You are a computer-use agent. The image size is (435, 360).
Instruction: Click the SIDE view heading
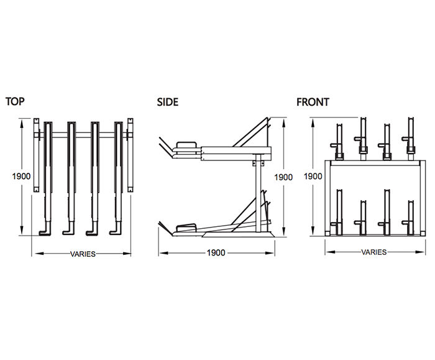pyautogui.click(x=167, y=102)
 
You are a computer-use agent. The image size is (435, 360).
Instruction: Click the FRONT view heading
pyautogui.click(x=313, y=102)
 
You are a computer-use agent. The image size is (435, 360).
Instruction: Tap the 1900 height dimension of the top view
pyautogui.click(x=22, y=176)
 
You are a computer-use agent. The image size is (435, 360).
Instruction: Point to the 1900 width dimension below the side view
pyautogui.click(x=216, y=253)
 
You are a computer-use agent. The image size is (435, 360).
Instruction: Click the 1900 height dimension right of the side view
pyautogui.click(x=283, y=177)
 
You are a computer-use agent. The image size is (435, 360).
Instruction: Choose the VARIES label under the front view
pyautogui.click(x=373, y=252)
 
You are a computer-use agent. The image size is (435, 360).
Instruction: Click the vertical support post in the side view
pyautogui.click(x=255, y=193)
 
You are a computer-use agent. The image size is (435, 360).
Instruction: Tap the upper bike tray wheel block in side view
pyautogui.click(x=186, y=147)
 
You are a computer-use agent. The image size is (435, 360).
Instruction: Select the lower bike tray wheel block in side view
pyautogui.click(x=186, y=228)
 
